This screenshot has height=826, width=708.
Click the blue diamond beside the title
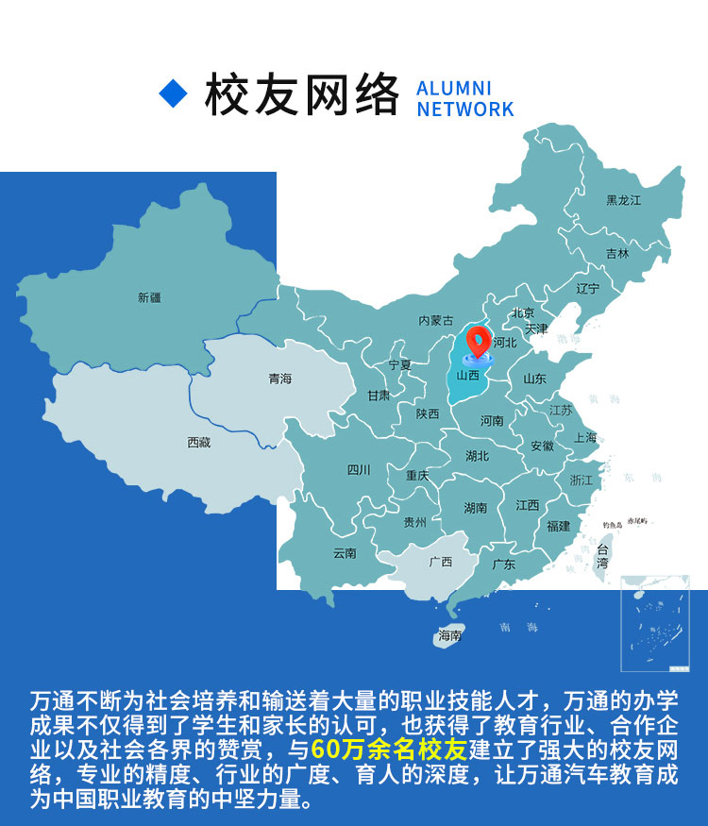point(174,92)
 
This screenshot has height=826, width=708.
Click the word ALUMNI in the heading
point(454,88)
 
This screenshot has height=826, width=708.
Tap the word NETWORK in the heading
point(465,110)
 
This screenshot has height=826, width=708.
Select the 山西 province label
point(468,375)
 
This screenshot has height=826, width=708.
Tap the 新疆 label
point(149,297)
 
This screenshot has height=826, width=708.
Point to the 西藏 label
point(199,442)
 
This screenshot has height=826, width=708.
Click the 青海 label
point(280,379)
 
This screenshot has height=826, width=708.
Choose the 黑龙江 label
point(623,200)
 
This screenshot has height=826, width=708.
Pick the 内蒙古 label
point(436,321)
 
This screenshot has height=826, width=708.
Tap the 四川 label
point(359,470)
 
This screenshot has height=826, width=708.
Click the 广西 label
point(441,562)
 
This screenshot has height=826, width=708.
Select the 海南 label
point(449,636)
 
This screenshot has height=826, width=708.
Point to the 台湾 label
point(603,556)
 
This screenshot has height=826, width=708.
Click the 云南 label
point(345,553)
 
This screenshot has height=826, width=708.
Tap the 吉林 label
point(617,253)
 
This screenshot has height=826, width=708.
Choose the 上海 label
point(585,438)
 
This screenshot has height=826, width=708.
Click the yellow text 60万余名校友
point(389,751)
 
